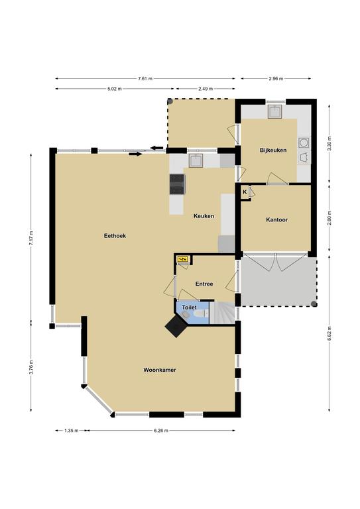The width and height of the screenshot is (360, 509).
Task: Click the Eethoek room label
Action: (x=115, y=236)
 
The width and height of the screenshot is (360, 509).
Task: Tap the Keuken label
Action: (x=204, y=216)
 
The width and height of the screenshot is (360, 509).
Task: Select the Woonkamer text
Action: (x=160, y=370)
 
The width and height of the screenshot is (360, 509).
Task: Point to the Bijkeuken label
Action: (x=273, y=150)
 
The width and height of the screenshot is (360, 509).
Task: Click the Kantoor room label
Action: (x=277, y=220)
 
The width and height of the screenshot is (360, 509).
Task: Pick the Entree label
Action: (x=204, y=284)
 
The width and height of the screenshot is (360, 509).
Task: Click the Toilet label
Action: (x=189, y=308)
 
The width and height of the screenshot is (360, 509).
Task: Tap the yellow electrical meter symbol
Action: (x=182, y=259)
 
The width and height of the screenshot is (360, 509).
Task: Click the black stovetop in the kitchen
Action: (x=177, y=184)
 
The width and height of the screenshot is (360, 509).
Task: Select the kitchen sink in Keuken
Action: (x=196, y=160)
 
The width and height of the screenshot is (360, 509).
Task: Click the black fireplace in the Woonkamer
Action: (x=176, y=326)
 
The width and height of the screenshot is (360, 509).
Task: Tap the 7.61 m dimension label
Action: (x=145, y=79)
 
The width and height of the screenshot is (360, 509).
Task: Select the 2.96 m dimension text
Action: (x=276, y=79)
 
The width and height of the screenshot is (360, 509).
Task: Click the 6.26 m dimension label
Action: (x=161, y=431)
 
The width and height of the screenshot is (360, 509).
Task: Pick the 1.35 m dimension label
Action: (x=72, y=431)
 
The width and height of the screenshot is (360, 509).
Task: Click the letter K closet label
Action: (x=245, y=192)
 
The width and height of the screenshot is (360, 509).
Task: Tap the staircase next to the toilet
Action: (x=221, y=313)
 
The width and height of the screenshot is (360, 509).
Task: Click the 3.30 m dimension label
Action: (x=330, y=143)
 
